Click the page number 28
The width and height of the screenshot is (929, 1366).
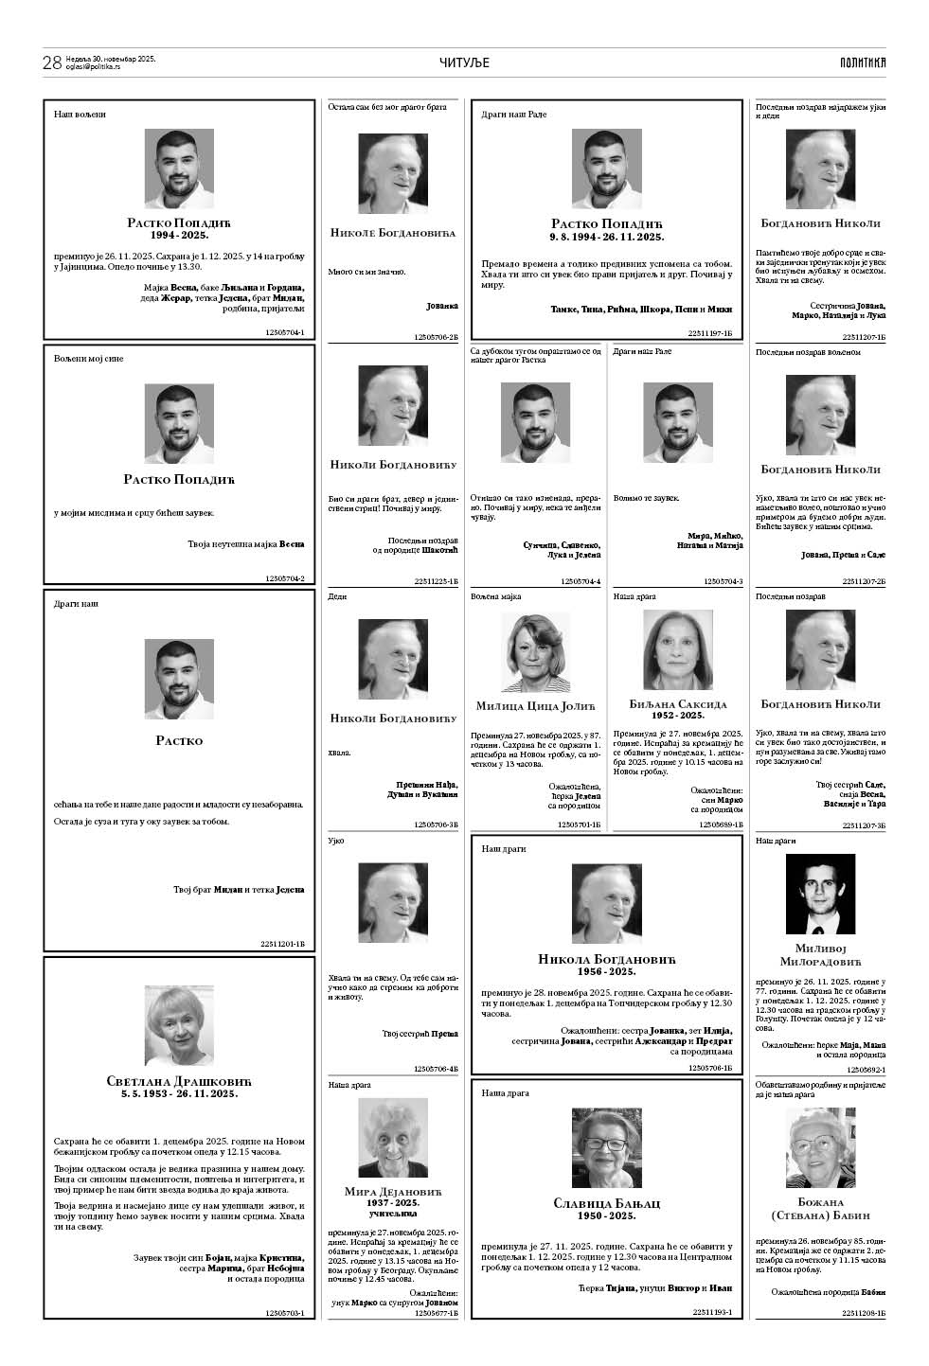(52, 63)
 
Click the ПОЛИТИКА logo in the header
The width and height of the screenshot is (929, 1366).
(862, 63)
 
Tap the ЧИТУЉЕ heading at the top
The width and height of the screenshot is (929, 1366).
(464, 63)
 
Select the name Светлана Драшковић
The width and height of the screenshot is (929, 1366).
(179, 1081)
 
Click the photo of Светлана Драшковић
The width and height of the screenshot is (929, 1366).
(179, 1025)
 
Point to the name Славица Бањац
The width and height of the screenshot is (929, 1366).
(606, 1203)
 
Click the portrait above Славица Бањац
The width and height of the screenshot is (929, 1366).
(606, 1147)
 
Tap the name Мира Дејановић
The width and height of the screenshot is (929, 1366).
(392, 1191)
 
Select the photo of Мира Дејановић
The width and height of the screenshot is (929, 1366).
(392, 1138)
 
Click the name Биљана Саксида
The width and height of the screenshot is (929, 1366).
(678, 704)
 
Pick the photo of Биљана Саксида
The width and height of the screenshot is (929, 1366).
(678, 649)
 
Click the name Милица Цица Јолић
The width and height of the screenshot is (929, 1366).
(535, 705)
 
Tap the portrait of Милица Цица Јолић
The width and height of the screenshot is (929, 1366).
(535, 653)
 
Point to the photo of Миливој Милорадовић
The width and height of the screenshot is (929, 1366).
(820, 895)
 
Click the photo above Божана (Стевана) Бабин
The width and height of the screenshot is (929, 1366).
(820, 1147)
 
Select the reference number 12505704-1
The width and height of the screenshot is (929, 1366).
(285, 333)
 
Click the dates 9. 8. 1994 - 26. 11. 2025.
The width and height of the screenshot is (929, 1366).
(606, 237)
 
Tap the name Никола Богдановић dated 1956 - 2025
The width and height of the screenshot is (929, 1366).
(606, 960)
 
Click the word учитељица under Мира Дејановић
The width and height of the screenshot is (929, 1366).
(392, 1213)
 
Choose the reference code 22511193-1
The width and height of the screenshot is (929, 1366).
(712, 1312)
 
